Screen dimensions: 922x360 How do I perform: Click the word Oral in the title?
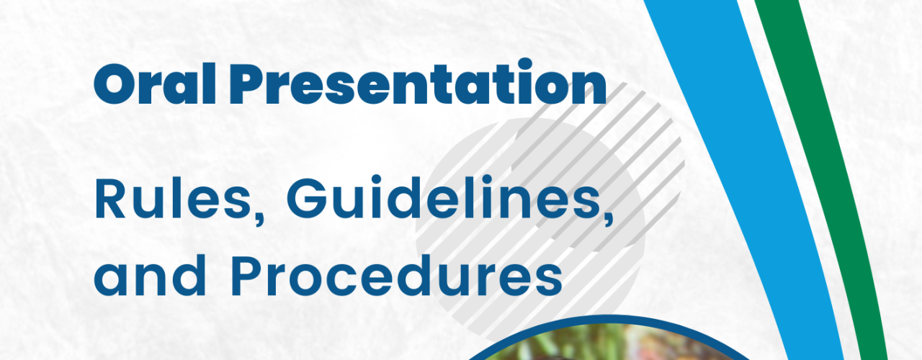tap(155, 84)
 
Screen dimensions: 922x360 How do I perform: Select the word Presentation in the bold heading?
tap(417, 82)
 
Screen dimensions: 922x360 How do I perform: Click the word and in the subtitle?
tap(150, 275)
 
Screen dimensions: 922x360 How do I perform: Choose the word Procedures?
tap(397, 275)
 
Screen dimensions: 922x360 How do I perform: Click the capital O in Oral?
tap(116, 84)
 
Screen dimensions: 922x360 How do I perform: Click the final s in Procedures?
tap(549, 282)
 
